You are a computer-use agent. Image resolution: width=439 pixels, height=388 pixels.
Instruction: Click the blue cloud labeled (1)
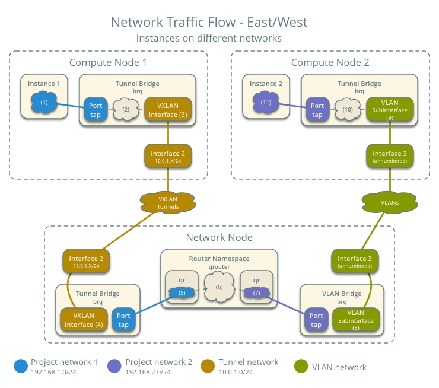(44, 103)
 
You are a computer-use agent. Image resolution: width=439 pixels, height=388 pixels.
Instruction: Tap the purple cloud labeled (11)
(266, 103)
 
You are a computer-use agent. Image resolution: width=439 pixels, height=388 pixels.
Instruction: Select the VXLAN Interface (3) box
(168, 110)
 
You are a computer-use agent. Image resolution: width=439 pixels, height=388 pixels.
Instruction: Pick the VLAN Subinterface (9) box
(389, 110)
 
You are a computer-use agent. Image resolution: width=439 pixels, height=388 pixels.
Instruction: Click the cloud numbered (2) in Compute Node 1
(125, 110)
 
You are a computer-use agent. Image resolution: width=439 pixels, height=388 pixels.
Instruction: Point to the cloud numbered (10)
(347, 110)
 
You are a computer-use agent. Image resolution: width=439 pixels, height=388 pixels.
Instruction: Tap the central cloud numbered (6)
(219, 288)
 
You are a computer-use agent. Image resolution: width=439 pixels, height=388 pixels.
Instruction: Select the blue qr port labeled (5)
(181, 292)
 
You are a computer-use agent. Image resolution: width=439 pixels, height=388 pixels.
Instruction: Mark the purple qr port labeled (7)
(257, 292)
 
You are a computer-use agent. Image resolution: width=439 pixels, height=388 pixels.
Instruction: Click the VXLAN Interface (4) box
(83, 320)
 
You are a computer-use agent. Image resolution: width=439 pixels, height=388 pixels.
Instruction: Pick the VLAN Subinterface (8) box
(355, 320)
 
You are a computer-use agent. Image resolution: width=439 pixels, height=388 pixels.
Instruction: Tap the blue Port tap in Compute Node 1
(96, 110)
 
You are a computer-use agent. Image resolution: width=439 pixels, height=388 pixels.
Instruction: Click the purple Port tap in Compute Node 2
(317, 110)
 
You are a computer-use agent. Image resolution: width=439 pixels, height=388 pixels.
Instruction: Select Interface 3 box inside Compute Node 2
(389, 156)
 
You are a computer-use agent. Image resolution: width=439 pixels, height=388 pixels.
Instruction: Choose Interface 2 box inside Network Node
(86, 262)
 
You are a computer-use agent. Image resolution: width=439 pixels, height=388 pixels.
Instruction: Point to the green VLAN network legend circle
(301, 366)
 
